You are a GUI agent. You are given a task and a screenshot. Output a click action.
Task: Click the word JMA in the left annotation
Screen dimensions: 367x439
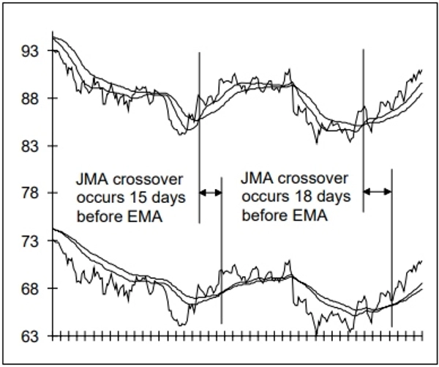tap(92, 179)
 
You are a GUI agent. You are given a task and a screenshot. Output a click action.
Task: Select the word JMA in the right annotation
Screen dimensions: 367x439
tap(257, 179)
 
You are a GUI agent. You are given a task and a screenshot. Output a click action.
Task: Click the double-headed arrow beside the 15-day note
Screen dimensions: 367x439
tap(210, 192)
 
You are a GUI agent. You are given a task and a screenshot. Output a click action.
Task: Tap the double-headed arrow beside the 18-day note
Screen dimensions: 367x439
tap(378, 192)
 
